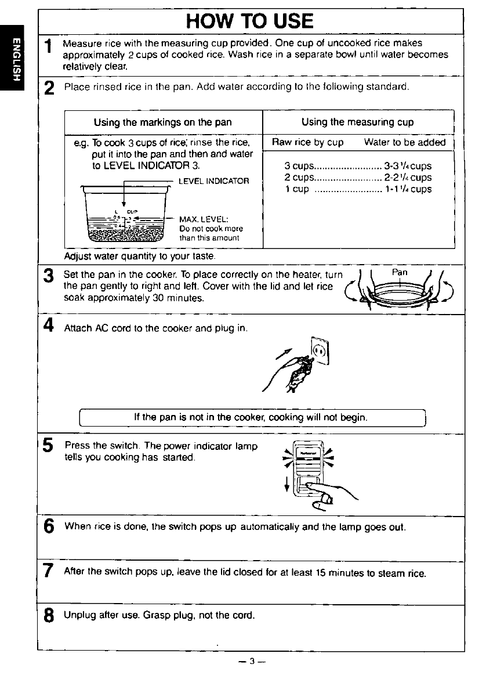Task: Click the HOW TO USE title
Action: [x=250, y=21]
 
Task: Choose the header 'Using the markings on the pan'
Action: [x=162, y=122]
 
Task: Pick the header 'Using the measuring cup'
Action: [x=357, y=122]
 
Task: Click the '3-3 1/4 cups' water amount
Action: [x=408, y=166]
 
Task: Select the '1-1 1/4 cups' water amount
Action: [x=408, y=189]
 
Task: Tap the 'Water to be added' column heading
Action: [x=405, y=142]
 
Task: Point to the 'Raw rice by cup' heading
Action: [x=308, y=142]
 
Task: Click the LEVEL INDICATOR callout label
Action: [x=213, y=182]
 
